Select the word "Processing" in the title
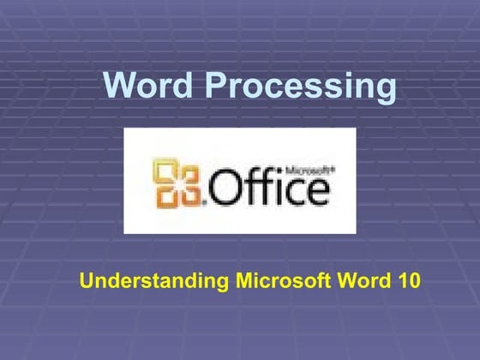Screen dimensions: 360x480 [x=303, y=87]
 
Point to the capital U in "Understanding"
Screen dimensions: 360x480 [x=86, y=279]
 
